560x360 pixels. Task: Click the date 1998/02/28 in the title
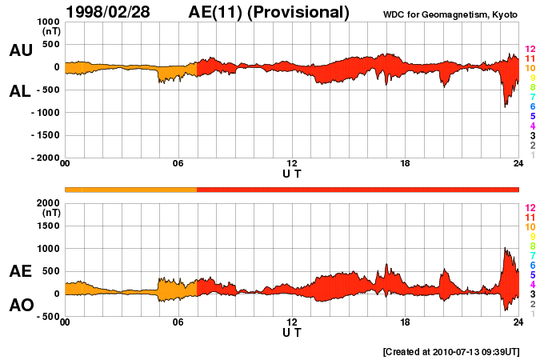point(108,12)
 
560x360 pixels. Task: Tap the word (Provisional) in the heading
point(298,13)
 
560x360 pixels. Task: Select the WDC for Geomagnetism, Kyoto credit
point(450,14)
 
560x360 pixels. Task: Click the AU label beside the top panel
point(21,50)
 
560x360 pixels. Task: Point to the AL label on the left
point(20,92)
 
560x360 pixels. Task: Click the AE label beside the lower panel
point(21,271)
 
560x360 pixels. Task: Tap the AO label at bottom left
point(22,306)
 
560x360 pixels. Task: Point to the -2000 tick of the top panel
point(46,158)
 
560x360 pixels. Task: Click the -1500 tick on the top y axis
point(46,135)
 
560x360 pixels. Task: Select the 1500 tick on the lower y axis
point(48,226)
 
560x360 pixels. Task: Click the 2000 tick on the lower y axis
point(48,203)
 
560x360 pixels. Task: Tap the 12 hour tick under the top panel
point(292,163)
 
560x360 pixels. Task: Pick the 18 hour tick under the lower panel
point(405,322)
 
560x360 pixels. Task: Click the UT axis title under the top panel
point(292,174)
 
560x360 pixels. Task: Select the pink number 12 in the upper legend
point(530,49)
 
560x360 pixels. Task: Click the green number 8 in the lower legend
point(533,246)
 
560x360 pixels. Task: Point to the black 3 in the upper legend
point(533,136)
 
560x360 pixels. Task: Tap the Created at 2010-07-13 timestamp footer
point(451,352)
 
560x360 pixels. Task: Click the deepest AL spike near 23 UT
point(505,107)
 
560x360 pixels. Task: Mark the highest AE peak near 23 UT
point(505,247)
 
